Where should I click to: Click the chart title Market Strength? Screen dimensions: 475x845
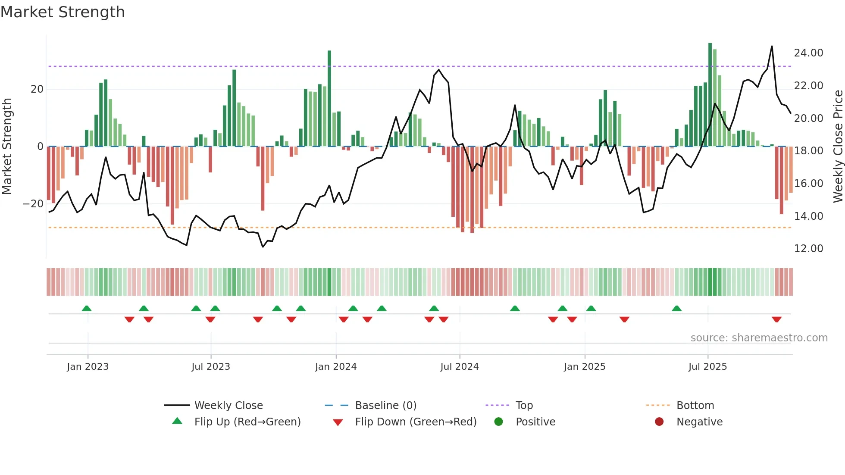pos(63,12)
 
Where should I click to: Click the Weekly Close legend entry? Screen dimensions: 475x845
pos(228,405)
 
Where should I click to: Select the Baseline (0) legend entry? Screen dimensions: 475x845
pos(385,405)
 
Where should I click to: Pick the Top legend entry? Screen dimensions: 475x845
pos(524,405)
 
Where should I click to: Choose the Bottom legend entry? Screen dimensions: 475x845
pos(695,405)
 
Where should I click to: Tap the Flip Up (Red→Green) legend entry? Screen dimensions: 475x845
pos(247,422)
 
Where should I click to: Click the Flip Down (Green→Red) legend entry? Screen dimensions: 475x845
pos(416,422)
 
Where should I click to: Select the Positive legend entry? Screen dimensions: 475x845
pos(535,422)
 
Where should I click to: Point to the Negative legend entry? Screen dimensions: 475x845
pos(699,422)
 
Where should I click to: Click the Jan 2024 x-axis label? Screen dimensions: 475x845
pos(336,367)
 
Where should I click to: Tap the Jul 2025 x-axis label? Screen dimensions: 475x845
pos(707,367)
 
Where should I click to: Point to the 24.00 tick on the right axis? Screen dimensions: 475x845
pos(808,53)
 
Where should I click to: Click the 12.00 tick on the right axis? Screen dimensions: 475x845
pos(808,249)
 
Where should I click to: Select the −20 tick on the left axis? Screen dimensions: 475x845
pos(33,203)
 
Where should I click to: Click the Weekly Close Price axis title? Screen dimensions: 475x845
pos(838,147)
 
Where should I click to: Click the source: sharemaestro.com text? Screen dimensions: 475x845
pos(759,338)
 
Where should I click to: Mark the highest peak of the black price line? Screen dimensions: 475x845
pos(772,47)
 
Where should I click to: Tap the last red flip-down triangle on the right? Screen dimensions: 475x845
pos(777,319)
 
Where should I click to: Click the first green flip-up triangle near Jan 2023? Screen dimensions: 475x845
pos(87,308)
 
